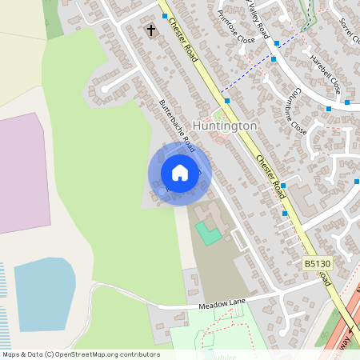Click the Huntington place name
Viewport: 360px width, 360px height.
point(225,126)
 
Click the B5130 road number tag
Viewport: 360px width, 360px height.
point(317,262)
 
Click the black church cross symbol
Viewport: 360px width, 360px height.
point(150,30)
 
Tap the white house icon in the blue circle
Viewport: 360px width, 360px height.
point(180,173)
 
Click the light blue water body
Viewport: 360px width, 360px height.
point(45,293)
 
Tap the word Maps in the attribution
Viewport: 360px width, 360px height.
point(11,354)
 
